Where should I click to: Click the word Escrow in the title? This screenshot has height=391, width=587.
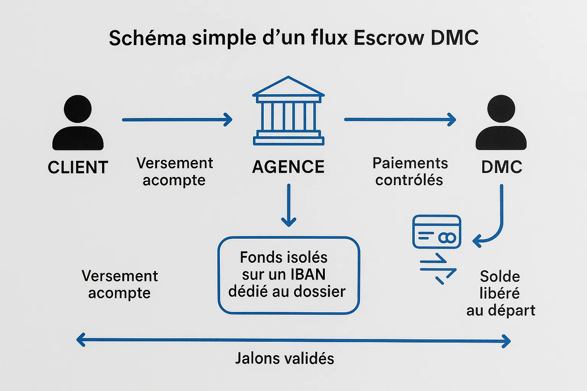(x=389, y=38)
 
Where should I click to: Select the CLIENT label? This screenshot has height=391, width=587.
(x=78, y=167)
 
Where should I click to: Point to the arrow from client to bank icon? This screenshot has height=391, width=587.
(x=177, y=120)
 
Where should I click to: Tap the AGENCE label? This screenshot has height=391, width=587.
(x=289, y=167)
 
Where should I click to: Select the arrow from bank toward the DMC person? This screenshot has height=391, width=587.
(x=400, y=120)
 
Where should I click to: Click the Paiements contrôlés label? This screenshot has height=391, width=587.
(x=410, y=171)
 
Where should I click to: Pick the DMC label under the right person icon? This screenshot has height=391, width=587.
(x=501, y=167)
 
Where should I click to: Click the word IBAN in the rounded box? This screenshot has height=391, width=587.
(x=308, y=274)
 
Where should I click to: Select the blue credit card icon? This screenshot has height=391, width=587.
(x=437, y=232)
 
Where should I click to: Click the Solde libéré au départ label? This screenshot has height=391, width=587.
(x=500, y=293)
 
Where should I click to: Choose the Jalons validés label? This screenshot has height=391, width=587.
(x=285, y=359)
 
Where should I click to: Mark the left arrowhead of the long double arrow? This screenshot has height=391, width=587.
(x=80, y=340)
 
